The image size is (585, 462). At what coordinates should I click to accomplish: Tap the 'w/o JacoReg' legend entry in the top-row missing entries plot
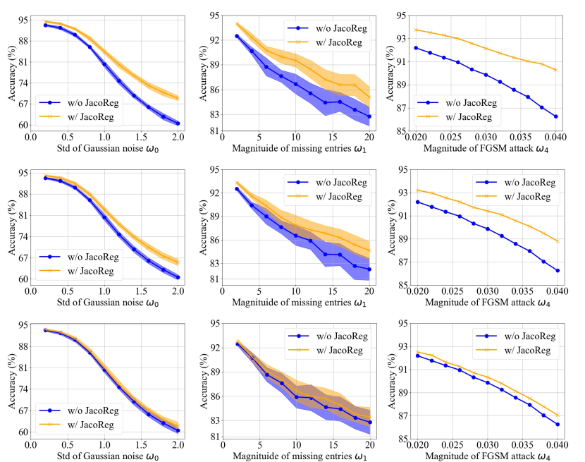[331, 29]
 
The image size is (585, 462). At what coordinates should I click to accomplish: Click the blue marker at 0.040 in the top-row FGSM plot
[556, 116]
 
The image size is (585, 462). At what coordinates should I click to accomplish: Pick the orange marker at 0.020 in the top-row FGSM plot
[417, 30]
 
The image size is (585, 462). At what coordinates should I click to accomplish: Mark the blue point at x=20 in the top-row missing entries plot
[369, 116]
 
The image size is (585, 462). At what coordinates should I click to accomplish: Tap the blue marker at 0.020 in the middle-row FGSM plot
[417, 202]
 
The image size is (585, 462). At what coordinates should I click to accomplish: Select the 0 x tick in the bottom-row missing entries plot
[222, 443]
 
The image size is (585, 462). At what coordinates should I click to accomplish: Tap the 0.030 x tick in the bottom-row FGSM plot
[486, 443]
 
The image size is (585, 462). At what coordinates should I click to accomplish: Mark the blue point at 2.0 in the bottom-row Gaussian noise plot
[178, 430]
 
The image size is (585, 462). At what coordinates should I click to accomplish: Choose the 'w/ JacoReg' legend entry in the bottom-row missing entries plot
[331, 350]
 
